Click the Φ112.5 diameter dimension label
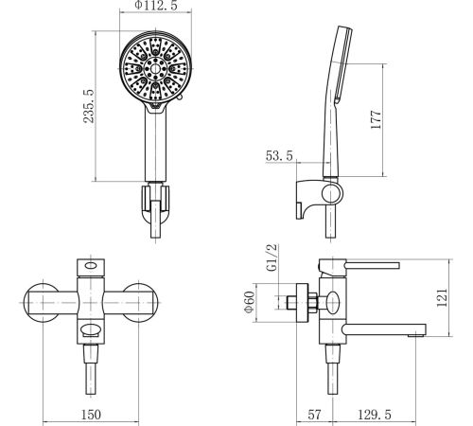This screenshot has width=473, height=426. [156, 6]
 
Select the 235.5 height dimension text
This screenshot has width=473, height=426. [89, 106]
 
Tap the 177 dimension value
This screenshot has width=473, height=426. [376, 119]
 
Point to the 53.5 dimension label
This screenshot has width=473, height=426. [279, 156]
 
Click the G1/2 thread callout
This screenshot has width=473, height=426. [272, 257]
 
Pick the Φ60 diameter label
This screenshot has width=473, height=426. [249, 302]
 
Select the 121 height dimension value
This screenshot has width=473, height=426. [442, 297]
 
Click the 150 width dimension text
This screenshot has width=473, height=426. [91, 415]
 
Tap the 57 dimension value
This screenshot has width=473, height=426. [314, 415]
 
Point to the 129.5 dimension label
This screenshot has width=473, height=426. [375, 415]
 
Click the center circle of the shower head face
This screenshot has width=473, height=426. [155, 68]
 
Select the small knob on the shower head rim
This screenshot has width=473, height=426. [180, 98]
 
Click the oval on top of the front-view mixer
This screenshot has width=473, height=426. [91, 265]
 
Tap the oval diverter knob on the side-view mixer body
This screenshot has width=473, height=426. [333, 302]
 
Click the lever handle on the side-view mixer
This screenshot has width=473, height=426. [373, 264]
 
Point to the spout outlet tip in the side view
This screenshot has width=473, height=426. [416, 335]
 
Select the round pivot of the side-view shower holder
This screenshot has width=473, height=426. [332, 193]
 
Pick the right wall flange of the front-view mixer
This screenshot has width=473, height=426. [139, 303]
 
